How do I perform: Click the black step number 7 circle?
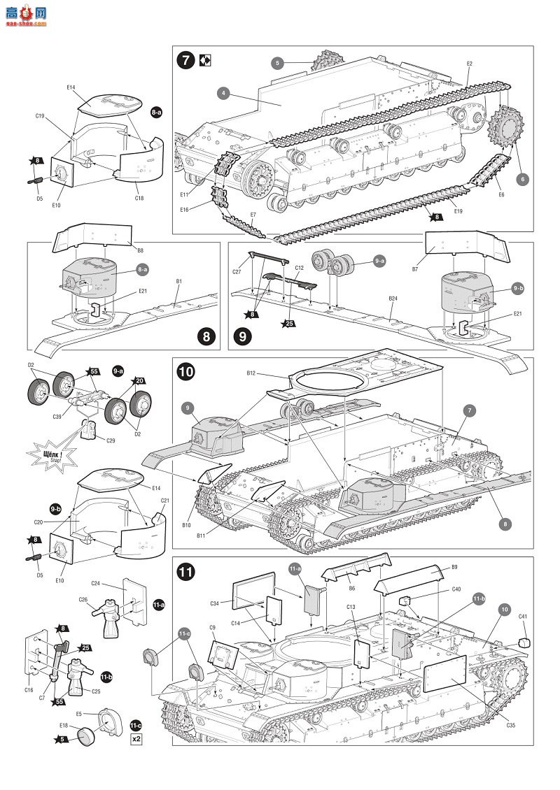tap(185, 60)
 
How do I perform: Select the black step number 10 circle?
tap(186, 372)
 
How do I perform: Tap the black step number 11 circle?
tap(185, 571)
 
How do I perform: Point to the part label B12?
tap(251, 373)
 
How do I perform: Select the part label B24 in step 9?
tap(393, 299)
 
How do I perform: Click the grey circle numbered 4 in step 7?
tap(223, 92)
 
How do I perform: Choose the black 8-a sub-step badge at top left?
tap(155, 111)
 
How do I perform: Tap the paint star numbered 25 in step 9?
tap(287, 324)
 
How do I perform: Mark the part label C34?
tap(214, 603)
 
